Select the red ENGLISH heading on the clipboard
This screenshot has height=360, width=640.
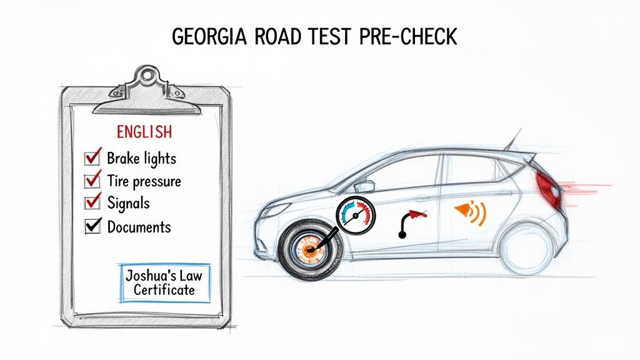point(144,132)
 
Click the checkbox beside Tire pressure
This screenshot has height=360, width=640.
point(92,181)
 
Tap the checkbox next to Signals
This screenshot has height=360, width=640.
point(92,203)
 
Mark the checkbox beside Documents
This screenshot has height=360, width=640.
point(92,226)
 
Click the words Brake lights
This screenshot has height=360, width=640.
point(141,159)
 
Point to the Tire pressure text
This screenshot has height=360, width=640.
point(144,181)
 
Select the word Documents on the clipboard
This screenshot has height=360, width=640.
point(139,226)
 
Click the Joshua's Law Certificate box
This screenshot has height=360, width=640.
point(164,282)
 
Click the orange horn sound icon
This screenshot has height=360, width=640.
point(471,212)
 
